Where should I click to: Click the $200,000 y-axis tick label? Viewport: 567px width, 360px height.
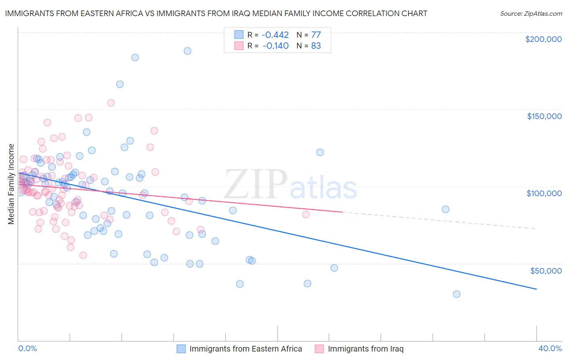[543, 39]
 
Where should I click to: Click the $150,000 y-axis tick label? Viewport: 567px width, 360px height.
[544, 116]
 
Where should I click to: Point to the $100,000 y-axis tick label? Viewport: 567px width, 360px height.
[544, 193]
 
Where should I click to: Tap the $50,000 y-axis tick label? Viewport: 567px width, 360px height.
[546, 270]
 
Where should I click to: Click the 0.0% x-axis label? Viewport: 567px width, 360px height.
[27, 348]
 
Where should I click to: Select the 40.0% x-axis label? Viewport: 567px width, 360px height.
[550, 348]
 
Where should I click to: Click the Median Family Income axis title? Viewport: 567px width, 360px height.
[11, 184]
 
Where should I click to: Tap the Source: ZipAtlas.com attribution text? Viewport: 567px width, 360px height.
[531, 13]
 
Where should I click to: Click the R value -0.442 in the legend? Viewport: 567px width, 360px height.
[275, 35]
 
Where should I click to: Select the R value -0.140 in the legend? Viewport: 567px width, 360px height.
[275, 46]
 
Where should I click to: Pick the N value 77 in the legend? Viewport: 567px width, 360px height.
[316, 35]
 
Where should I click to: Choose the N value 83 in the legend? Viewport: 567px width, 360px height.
[316, 46]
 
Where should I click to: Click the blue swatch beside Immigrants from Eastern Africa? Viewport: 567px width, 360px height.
[181, 349]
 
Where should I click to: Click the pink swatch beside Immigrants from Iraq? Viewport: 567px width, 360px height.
[319, 349]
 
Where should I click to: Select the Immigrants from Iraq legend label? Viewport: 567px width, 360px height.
[365, 349]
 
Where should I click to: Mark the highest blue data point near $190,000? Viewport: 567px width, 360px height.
[188, 51]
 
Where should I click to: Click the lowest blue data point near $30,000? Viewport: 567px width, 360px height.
[457, 294]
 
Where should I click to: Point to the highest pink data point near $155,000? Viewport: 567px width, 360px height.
[111, 103]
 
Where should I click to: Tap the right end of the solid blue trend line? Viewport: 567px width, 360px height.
[536, 289]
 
